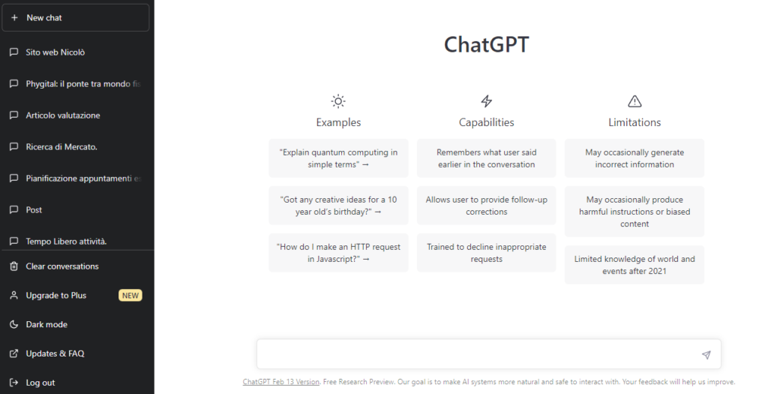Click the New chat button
pyautogui.click(x=76, y=18)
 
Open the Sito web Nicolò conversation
pyautogui.click(x=55, y=53)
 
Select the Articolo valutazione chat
pyautogui.click(x=63, y=116)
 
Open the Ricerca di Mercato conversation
pyautogui.click(x=61, y=147)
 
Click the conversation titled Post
pyautogui.click(x=34, y=209)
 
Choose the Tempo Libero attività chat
pyautogui.click(x=66, y=241)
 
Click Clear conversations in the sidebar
pyautogui.click(x=62, y=266)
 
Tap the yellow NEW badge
pyautogui.click(x=130, y=296)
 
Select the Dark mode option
pyautogui.click(x=46, y=324)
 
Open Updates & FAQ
pyautogui.click(x=55, y=353)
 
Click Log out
pyautogui.click(x=40, y=383)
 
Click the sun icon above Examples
pyautogui.click(x=338, y=101)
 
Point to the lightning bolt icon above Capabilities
pyautogui.click(x=486, y=101)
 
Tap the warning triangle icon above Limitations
pyautogui.click(x=634, y=101)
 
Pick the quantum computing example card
pyautogui.click(x=338, y=158)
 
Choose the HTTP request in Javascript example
pyautogui.click(x=338, y=253)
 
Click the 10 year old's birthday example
pyautogui.click(x=338, y=206)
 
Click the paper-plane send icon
pyautogui.click(x=706, y=355)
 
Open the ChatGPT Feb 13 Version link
pyautogui.click(x=281, y=382)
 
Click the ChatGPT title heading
pyautogui.click(x=486, y=44)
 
